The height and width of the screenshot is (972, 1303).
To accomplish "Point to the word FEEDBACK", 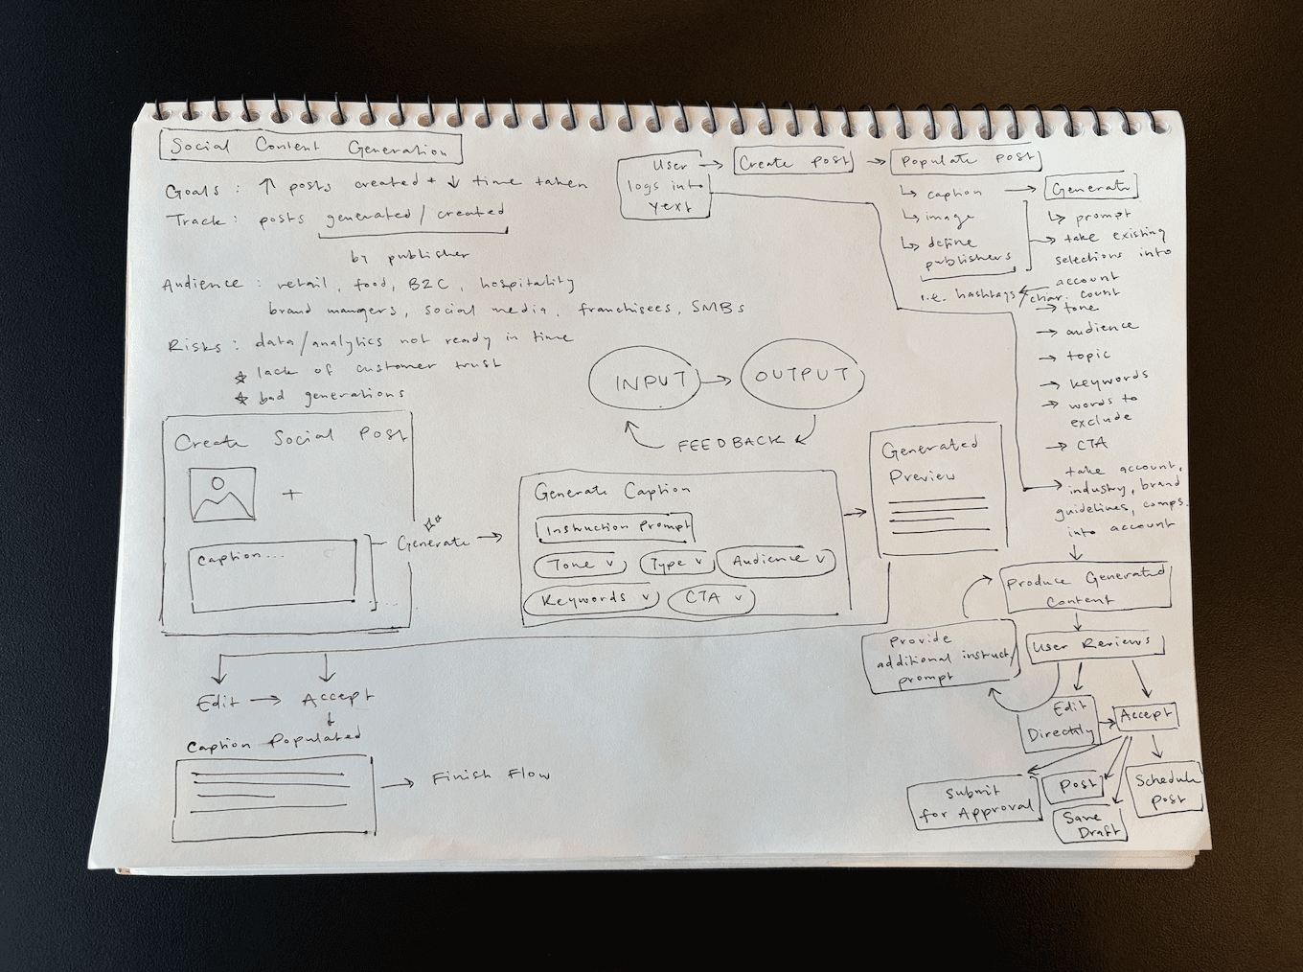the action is (730, 444).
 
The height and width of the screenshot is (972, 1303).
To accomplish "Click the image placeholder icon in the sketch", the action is (222, 495).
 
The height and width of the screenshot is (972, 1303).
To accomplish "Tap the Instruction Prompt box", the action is (613, 528).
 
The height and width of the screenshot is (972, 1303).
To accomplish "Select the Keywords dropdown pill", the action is (591, 600).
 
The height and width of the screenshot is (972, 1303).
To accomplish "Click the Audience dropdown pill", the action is (776, 561).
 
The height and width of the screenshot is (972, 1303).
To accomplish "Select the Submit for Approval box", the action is (973, 805).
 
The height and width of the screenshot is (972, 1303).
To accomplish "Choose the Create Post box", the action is (793, 162).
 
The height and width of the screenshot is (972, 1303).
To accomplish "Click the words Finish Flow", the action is (491, 776).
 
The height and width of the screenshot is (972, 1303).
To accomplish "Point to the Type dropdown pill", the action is (675, 564).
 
